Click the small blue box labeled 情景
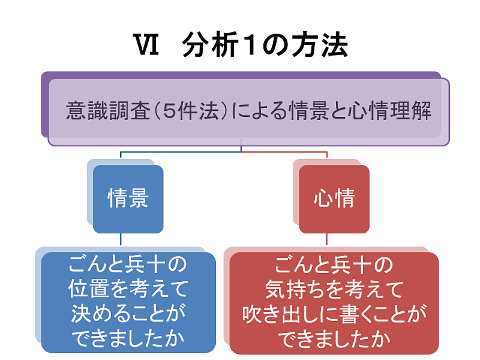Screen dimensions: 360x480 point(128,199)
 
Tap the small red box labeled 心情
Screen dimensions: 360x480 point(334,199)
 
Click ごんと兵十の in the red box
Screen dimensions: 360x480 point(334,264)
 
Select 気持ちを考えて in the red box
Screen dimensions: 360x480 point(334,289)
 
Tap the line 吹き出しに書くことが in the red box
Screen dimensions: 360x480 point(334,314)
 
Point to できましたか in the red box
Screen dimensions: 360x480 point(334,339)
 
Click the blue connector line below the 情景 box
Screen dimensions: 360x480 point(121,239)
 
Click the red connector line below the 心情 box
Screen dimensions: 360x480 point(326,239)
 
